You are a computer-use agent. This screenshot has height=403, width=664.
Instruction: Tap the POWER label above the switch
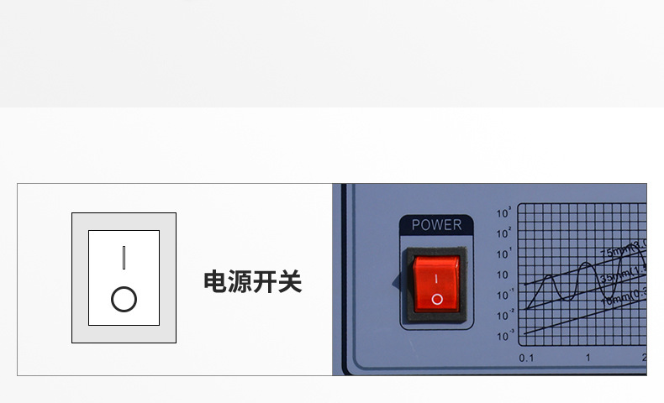coord(436,225)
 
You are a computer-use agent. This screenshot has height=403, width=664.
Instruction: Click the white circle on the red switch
coord(436,298)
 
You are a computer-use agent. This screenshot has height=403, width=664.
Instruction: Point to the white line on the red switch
coord(436,276)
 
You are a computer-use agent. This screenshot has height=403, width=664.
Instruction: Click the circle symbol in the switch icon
coord(124,299)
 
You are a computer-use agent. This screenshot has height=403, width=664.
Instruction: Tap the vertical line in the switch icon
coord(124,257)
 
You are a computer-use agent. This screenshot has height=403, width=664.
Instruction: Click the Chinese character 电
coord(216,282)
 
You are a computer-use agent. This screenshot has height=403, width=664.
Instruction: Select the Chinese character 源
coord(240,282)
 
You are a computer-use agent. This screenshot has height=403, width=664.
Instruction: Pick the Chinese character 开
coord(265,282)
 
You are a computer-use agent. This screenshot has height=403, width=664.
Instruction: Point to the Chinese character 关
coord(289,282)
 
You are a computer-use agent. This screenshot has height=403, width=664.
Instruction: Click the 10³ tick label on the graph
coord(503,213)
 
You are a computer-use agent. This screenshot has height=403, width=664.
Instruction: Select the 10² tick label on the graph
coord(503,233)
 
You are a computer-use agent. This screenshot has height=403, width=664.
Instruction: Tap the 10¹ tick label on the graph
coord(503,254)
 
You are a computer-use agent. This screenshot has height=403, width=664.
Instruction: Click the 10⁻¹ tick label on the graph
coord(503,295)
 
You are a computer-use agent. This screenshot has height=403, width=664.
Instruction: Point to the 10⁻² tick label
coord(503,315)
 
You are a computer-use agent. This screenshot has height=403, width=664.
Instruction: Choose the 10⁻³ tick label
coord(503,335)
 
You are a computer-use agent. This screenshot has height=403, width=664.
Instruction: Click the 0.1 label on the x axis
coord(527,359)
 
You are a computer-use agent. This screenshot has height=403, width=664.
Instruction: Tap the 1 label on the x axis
coord(588,359)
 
